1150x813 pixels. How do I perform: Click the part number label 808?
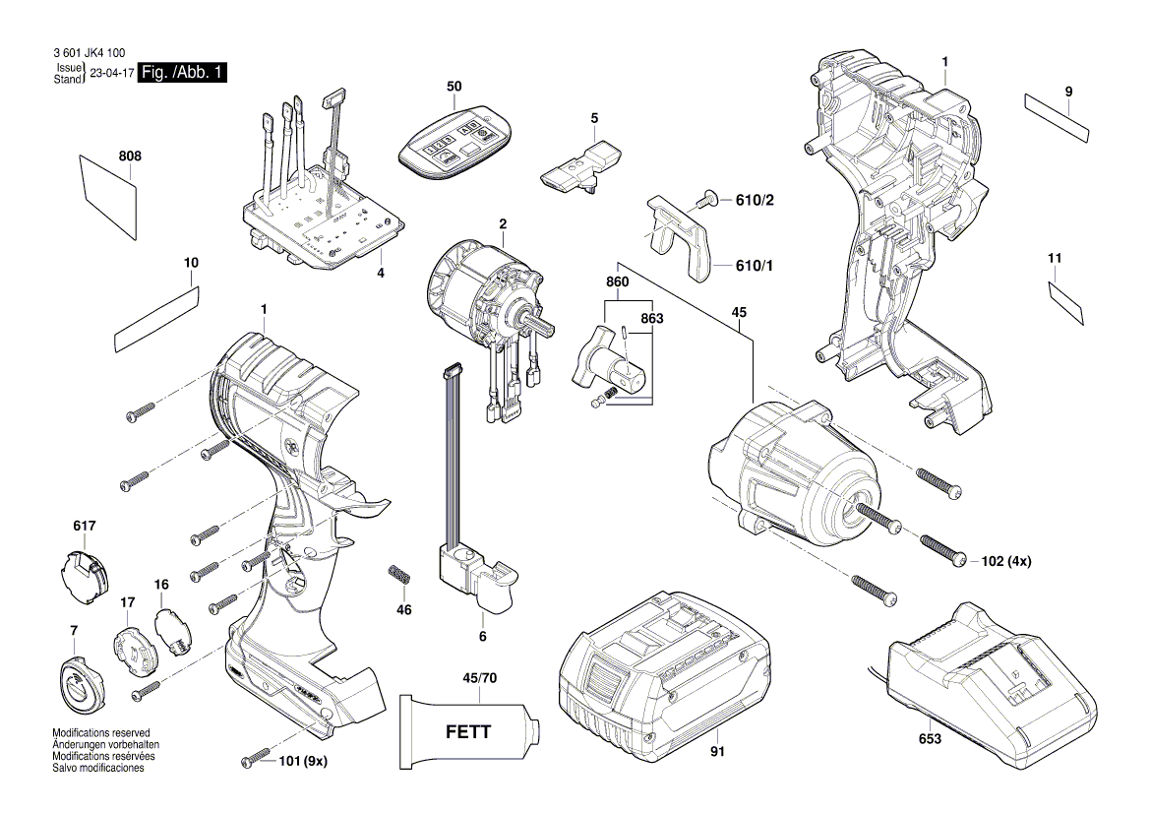(130, 156)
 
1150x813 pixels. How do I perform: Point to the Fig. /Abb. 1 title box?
(184, 74)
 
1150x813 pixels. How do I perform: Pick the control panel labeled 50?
(454, 144)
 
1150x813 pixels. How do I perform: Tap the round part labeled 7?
(78, 679)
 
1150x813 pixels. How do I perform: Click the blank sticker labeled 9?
(1059, 116)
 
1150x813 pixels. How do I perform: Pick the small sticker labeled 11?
(1066, 299)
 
